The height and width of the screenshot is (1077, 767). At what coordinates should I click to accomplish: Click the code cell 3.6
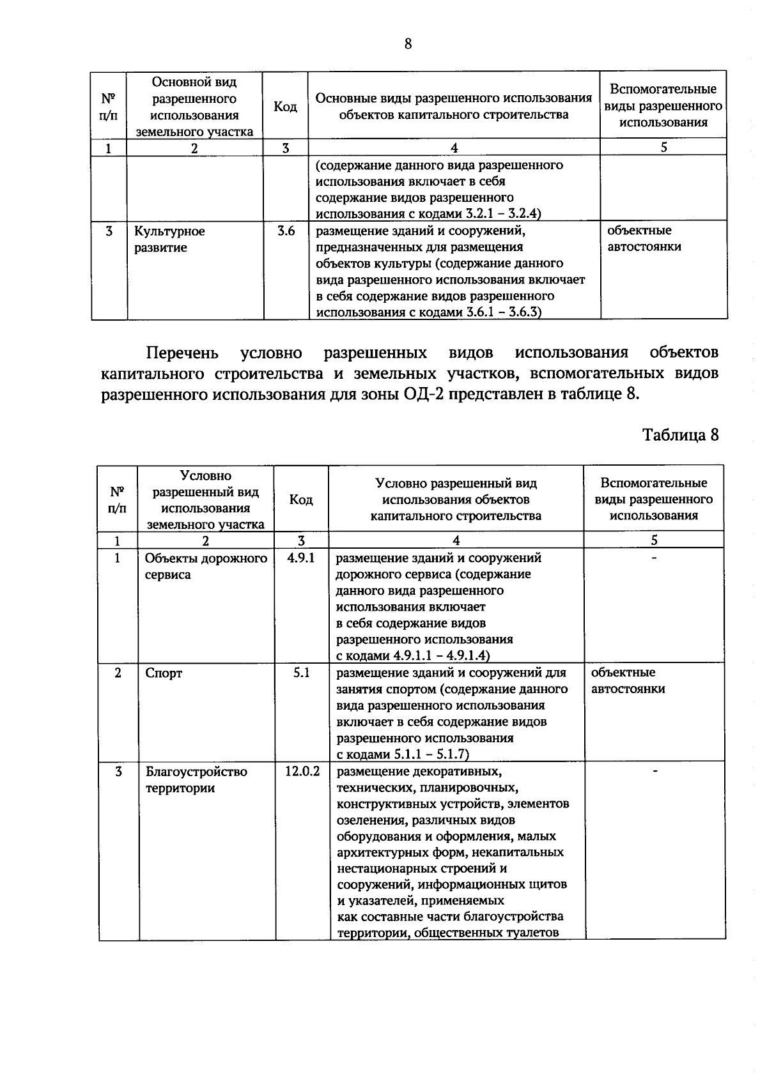(286, 231)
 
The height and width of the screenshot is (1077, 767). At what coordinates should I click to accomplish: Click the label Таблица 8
(680, 435)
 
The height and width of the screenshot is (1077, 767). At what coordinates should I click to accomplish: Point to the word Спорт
(164, 673)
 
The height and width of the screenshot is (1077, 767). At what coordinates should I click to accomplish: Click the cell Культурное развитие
(169, 240)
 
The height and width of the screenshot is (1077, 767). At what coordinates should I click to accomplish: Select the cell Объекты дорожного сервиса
(205, 567)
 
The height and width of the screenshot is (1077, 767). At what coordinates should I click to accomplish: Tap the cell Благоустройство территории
(196, 780)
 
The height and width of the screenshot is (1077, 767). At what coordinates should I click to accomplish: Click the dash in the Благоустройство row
(654, 772)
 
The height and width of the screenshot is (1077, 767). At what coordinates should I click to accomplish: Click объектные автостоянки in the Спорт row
(628, 681)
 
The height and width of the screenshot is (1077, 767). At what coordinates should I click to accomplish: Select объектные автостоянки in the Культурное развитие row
(644, 239)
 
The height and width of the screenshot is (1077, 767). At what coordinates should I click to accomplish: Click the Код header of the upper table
(285, 107)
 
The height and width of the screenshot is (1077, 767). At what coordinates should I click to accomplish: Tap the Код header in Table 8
(301, 500)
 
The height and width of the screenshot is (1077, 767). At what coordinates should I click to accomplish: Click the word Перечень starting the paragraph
(182, 353)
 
